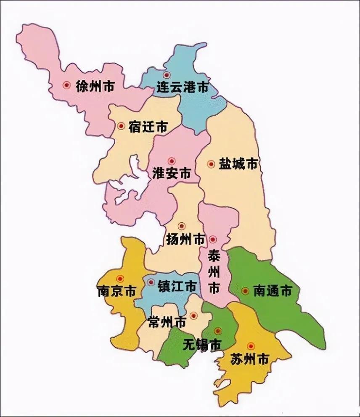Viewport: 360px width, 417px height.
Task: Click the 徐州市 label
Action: click(95, 86)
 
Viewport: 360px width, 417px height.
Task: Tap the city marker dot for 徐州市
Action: click(66, 85)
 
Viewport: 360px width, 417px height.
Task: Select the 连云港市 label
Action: click(183, 87)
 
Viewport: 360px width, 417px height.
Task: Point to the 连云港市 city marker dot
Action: click(167, 75)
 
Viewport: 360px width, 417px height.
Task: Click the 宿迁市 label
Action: click(148, 126)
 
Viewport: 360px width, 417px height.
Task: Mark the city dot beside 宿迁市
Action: click(121, 126)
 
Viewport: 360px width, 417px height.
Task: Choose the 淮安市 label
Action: click(171, 174)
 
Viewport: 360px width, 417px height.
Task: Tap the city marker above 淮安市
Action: click(171, 161)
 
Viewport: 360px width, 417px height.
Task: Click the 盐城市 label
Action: click(238, 164)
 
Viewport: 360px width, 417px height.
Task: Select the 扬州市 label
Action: click(185, 240)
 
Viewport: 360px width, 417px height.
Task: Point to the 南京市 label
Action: click(116, 291)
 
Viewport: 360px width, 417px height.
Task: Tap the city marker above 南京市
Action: click(121, 278)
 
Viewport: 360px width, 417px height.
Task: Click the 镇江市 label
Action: click(177, 286)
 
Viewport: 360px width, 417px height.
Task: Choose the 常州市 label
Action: click(167, 322)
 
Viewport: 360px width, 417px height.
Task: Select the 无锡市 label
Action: click(202, 344)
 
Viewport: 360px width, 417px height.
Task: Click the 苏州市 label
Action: click(250, 359)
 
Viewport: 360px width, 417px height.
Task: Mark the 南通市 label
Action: click(273, 291)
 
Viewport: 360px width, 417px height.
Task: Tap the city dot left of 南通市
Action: click(245, 290)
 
